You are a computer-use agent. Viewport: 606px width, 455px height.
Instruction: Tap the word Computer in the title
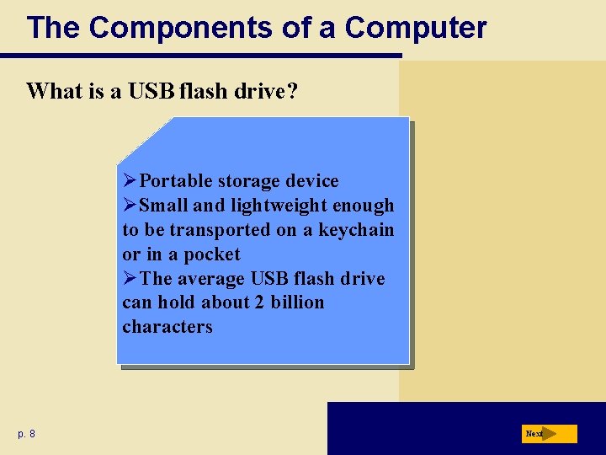coord(416,28)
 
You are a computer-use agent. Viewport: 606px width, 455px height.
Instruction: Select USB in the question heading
coord(150,91)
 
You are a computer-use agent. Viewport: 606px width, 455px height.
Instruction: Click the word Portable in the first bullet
coord(175,181)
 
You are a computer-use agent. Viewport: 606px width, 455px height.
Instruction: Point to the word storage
coord(249,181)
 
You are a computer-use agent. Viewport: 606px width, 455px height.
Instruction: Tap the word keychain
coord(356,230)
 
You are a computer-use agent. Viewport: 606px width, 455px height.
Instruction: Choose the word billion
coord(297,302)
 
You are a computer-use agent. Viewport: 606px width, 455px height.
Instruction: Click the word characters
coord(167,327)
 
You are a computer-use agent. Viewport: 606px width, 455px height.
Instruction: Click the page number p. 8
coord(26,434)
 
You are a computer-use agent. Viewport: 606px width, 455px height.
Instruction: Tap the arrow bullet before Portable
coord(130,181)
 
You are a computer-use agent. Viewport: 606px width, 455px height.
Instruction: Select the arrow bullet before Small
coord(130,206)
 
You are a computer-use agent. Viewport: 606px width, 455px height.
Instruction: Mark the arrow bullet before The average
coord(130,279)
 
